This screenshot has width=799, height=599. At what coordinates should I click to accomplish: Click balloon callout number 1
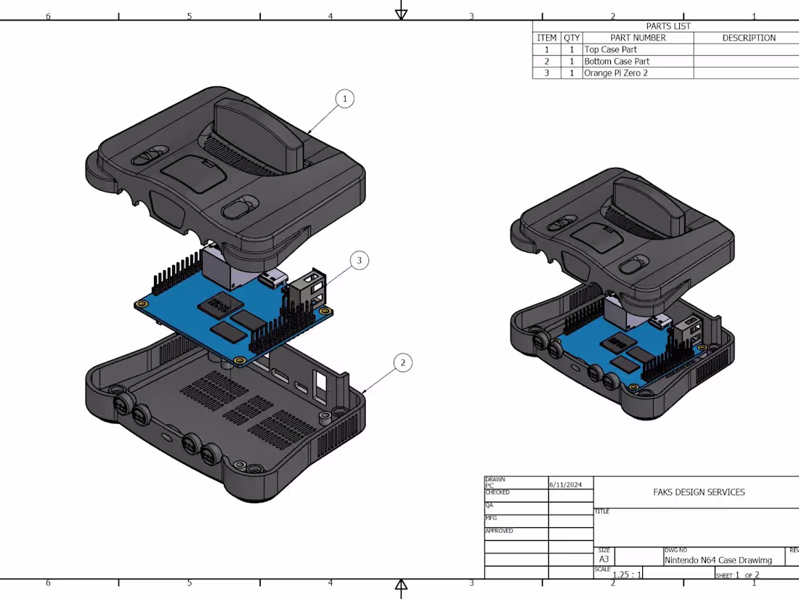[x=345, y=99]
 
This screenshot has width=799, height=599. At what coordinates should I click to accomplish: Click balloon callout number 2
[x=403, y=362]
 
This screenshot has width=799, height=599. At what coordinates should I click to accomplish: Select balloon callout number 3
[x=359, y=260]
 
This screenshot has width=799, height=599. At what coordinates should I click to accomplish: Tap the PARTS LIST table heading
[x=668, y=26]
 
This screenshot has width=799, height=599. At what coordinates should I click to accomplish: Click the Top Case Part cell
[x=610, y=49]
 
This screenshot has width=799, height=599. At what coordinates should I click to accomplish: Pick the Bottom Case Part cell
[x=617, y=62]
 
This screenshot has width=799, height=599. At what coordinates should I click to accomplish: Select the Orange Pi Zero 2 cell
[x=616, y=73]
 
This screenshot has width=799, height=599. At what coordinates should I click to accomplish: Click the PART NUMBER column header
[x=638, y=38]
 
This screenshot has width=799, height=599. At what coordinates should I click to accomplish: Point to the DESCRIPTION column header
[x=748, y=38]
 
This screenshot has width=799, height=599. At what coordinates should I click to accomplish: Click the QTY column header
[x=572, y=38]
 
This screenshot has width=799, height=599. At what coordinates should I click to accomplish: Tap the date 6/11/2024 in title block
[x=566, y=484]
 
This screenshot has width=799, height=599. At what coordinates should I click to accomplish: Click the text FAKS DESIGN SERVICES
[x=699, y=492]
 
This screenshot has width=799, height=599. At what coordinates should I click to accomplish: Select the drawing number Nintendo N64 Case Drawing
[x=718, y=560]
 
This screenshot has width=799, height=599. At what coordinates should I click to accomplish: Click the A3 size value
[x=604, y=560]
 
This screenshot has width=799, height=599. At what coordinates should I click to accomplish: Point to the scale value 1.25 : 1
[x=627, y=574]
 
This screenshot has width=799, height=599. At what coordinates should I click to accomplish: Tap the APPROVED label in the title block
[x=499, y=531]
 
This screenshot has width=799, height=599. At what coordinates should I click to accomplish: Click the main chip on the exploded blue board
[x=222, y=304]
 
